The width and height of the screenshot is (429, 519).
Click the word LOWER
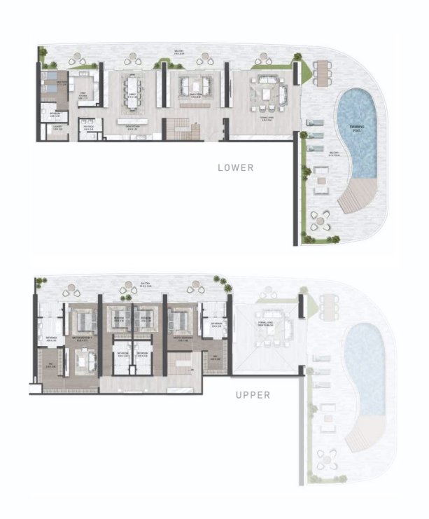(x=235, y=167)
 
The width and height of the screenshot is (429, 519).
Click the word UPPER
(x=253, y=395)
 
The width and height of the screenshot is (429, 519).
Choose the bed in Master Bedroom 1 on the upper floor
(x=83, y=321)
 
